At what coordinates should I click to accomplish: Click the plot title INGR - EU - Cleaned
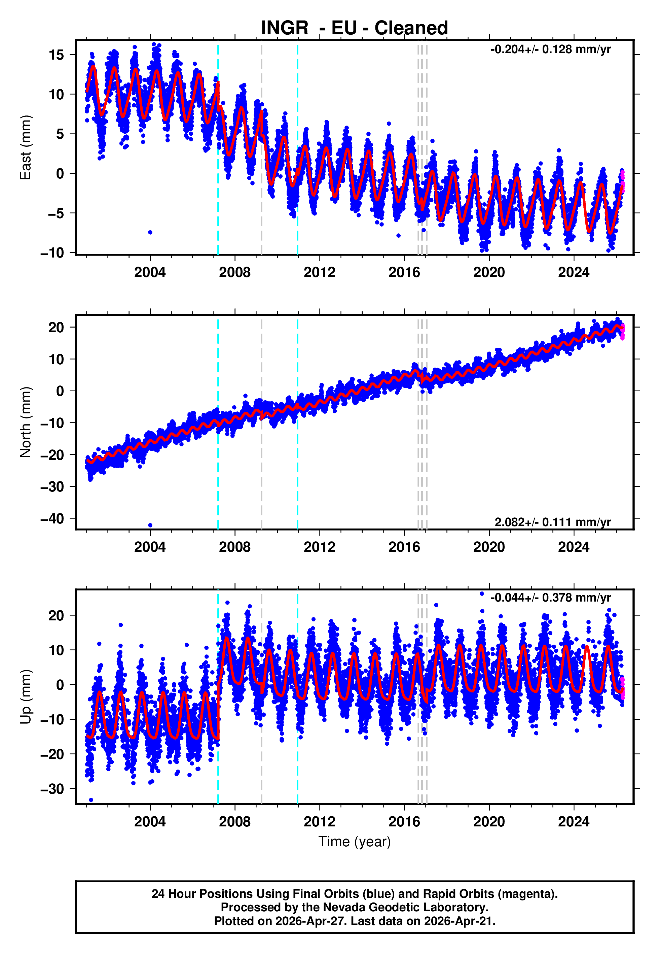click(355, 28)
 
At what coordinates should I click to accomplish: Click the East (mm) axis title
click(26, 147)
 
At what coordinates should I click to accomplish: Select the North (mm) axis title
click(26, 422)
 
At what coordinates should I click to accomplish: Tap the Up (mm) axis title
click(26, 697)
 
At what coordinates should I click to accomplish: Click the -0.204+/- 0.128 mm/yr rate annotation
click(550, 49)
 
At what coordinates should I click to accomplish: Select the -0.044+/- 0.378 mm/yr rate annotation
click(550, 598)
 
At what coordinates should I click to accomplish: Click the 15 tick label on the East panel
click(56, 55)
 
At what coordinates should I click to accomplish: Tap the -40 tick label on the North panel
click(52, 518)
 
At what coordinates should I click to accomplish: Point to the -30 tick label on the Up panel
click(52, 789)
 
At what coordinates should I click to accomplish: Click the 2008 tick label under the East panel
click(234, 273)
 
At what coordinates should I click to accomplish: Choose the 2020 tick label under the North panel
click(489, 547)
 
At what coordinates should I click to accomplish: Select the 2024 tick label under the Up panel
click(574, 821)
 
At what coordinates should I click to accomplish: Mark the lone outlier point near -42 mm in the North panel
click(150, 525)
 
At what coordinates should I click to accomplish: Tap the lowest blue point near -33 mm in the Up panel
click(91, 800)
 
